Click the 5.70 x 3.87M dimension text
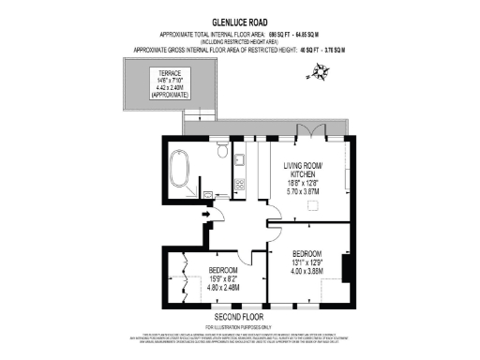pos(303,191)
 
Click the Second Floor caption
pos(238,317)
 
